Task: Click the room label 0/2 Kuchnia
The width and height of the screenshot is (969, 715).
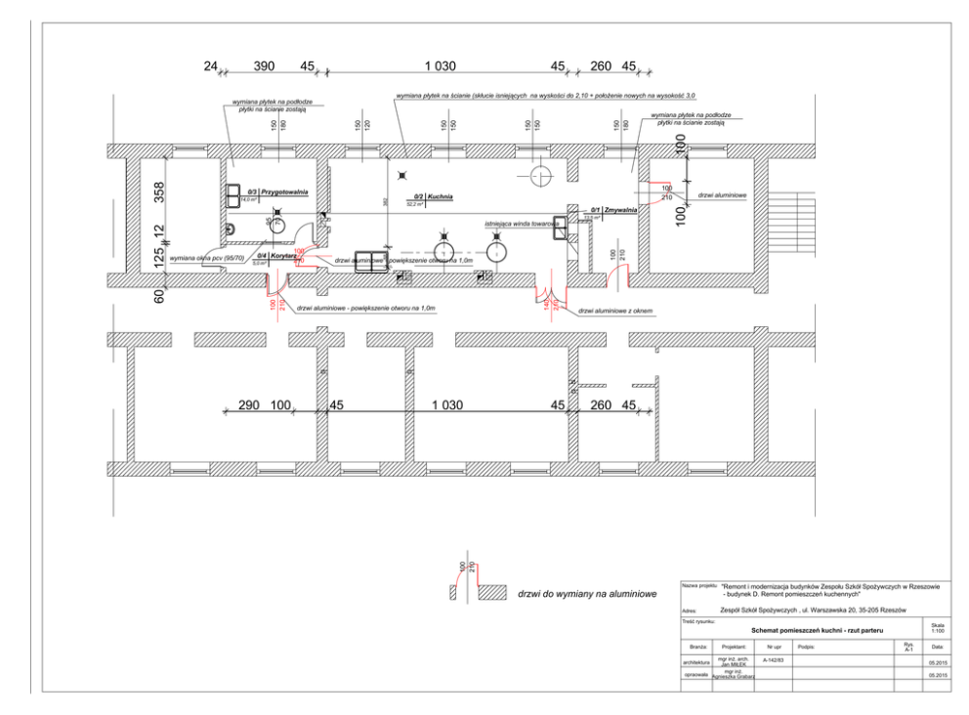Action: pos(436,196)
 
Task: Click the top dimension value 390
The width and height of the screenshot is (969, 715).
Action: pos(265,66)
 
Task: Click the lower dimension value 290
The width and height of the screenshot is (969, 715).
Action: pos(249,404)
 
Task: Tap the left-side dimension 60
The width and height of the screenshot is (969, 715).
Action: pos(159,294)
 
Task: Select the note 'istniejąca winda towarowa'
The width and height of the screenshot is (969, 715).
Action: pos(522,224)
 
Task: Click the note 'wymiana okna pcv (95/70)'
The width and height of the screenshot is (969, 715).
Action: pos(207,259)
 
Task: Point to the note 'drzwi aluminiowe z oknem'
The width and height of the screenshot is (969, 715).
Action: pos(614,311)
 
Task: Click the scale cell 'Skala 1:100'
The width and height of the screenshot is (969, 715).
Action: pos(938,628)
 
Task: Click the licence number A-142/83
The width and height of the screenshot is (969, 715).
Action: pos(774,660)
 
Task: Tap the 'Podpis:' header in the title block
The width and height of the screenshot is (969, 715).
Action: pos(807,646)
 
